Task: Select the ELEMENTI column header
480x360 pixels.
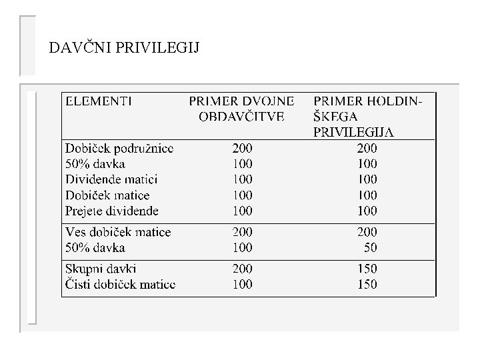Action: coord(97,102)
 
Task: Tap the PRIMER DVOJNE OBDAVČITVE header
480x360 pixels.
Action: coord(241,109)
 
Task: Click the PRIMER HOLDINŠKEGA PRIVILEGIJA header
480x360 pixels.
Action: coord(367,117)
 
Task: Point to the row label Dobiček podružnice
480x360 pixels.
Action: coord(119,148)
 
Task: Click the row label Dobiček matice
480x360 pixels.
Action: coord(107,196)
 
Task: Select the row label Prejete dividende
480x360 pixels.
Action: coord(112,211)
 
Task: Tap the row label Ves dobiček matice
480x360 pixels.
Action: coord(118,233)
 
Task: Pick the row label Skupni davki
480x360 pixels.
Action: coord(100,269)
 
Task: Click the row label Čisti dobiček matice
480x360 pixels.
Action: coord(120,285)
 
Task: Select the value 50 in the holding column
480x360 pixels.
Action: coord(369,248)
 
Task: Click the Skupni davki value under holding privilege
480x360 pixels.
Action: coord(367,269)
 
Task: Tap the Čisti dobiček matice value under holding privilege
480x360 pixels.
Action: coord(367,285)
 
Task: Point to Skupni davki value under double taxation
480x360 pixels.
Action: coord(243,269)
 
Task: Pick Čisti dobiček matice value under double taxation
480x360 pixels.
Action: coord(243,285)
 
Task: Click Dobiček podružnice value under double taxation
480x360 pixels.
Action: coord(243,148)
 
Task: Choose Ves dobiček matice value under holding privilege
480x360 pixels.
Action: coord(367,233)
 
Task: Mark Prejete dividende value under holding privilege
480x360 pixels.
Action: coord(367,211)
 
